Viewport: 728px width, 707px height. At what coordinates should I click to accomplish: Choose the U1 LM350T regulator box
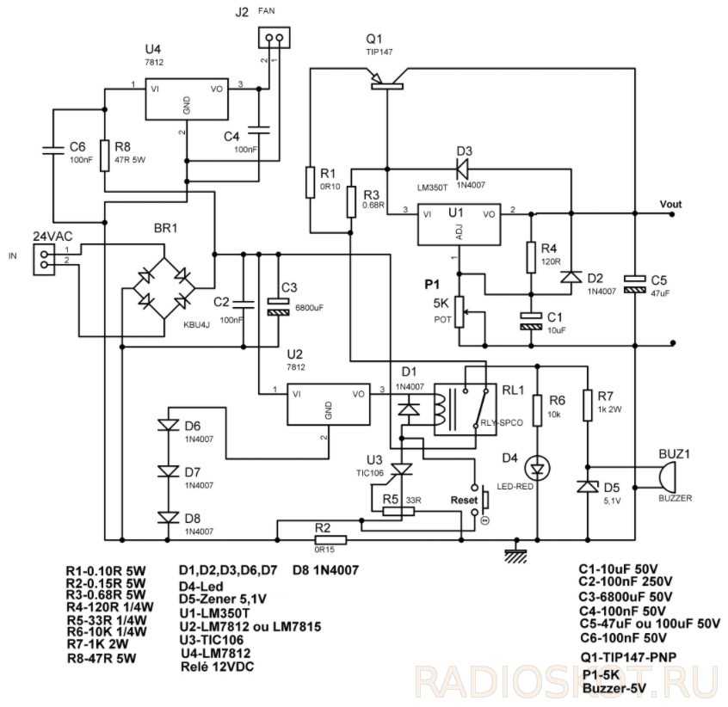point(457,223)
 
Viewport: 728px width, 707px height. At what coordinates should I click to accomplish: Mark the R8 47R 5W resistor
point(103,155)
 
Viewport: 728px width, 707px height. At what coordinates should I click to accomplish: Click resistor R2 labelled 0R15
point(330,539)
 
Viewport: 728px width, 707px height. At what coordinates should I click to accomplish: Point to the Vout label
point(669,204)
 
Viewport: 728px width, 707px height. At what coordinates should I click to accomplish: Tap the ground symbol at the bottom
point(516,555)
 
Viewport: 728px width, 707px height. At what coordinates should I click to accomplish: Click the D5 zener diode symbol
point(588,487)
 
